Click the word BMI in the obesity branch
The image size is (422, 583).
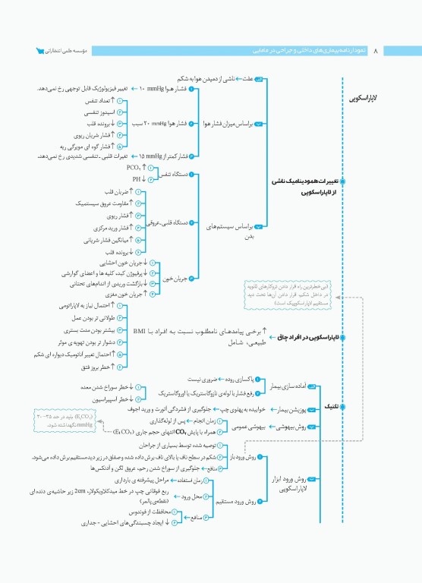139,331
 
